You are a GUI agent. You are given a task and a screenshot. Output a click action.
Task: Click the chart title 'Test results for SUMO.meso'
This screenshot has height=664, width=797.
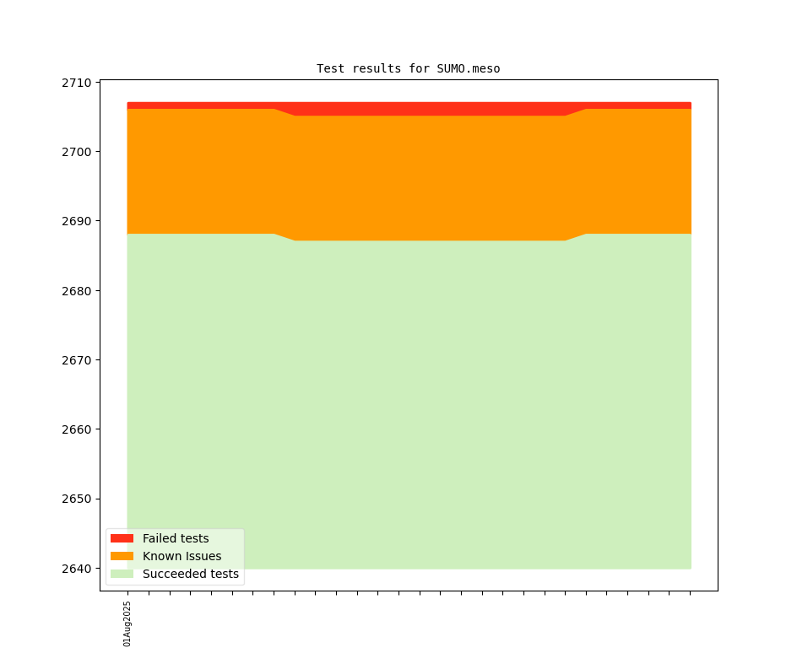click(x=408, y=68)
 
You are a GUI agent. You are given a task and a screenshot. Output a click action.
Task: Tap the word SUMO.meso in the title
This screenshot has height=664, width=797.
click(x=468, y=68)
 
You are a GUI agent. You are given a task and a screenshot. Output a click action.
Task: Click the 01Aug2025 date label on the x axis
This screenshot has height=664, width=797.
click(x=127, y=624)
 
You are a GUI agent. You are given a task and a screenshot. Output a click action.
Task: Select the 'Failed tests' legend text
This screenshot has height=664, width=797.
click(x=176, y=538)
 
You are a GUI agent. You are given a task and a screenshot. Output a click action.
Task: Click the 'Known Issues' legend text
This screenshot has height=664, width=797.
click(x=182, y=556)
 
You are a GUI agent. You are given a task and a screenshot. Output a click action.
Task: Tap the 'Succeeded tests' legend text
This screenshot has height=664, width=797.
click(x=190, y=575)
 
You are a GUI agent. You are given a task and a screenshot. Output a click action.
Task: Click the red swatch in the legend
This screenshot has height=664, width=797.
click(x=122, y=538)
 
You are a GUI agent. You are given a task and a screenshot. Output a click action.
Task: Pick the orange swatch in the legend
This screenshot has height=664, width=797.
click(x=122, y=556)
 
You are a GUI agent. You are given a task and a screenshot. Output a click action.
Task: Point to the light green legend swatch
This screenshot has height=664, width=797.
click(x=122, y=574)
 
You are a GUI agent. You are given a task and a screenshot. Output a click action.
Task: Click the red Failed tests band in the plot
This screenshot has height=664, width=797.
click(x=422, y=109)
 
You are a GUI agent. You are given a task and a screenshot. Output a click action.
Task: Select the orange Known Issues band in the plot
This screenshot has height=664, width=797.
click(x=422, y=177)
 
